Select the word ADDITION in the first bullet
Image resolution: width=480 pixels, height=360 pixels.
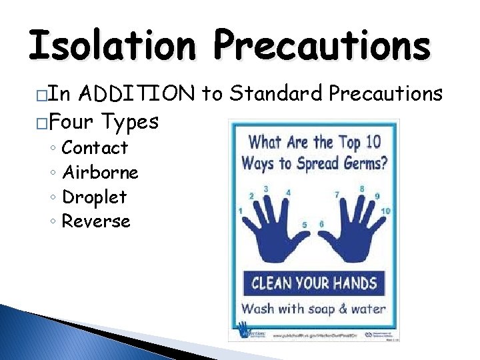coord(138,95)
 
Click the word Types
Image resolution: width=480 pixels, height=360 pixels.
coord(130,122)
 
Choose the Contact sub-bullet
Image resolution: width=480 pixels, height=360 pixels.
coord(94,147)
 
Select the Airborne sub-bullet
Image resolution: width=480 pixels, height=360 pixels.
coord(100,172)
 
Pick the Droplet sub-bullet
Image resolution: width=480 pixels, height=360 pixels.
coord(94,197)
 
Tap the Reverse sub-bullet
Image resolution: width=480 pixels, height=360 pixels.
coord(96,221)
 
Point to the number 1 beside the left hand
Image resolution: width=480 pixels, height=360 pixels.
coord(240,211)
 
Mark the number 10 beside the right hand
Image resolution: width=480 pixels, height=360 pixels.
coord(385,211)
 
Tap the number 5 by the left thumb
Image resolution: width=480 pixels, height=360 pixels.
coord(305,225)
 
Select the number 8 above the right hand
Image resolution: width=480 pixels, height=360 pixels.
coord(362,189)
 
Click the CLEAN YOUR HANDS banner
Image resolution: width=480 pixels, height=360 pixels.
coord(313,283)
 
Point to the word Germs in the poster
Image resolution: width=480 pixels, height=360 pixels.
coord(354,162)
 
